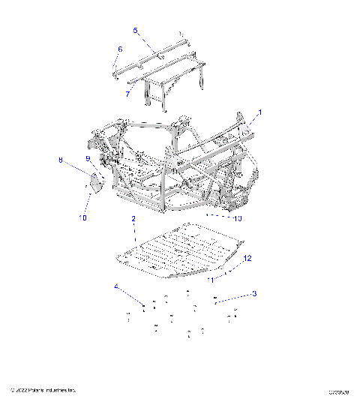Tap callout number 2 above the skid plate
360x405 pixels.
click(x=133, y=218)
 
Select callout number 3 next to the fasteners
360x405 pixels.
click(x=253, y=293)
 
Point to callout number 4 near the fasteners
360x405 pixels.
click(x=116, y=286)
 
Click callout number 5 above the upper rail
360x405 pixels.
click(x=136, y=30)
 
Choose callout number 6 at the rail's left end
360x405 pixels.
click(x=118, y=49)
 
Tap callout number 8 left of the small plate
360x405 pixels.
click(x=61, y=160)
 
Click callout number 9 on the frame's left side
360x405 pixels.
click(x=87, y=158)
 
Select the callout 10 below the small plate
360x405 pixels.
click(x=82, y=217)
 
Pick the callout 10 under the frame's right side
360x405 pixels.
click(x=236, y=218)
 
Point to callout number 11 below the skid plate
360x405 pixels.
click(x=211, y=279)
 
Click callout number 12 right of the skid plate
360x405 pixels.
click(x=246, y=258)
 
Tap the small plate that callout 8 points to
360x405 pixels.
click(x=96, y=181)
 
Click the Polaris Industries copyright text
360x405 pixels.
click(x=43, y=390)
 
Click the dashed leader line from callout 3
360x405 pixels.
click(x=232, y=296)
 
